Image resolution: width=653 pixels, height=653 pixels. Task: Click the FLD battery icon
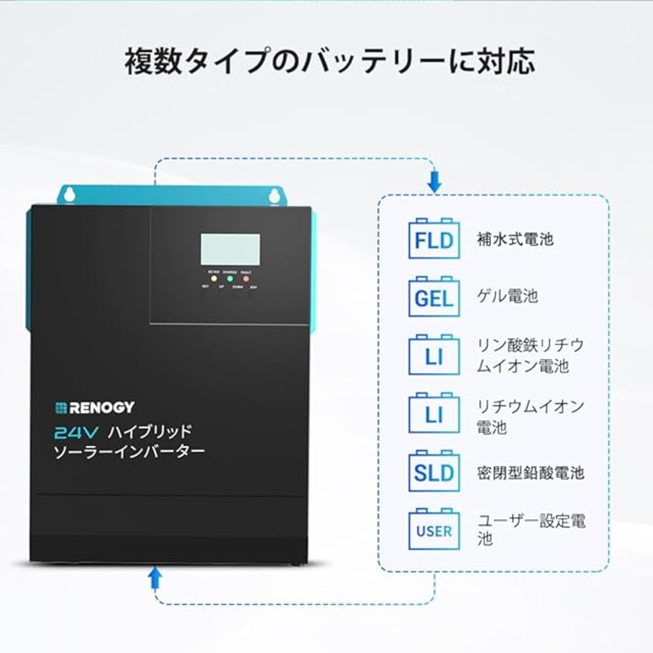(434, 239)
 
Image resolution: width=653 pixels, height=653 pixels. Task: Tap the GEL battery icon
(434, 297)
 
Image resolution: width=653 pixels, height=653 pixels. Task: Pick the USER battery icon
(434, 530)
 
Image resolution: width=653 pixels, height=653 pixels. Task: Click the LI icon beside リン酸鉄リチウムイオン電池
(434, 356)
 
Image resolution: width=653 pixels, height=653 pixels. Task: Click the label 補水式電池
(515, 239)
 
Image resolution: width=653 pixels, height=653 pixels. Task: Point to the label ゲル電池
(507, 296)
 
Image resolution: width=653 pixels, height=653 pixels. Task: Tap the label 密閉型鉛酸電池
(530, 472)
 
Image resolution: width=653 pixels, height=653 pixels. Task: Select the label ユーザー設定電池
(531, 529)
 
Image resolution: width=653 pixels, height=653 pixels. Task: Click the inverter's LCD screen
(230, 249)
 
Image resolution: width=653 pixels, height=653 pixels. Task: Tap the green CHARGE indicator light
(230, 279)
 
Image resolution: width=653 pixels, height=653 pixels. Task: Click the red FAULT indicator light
(246, 279)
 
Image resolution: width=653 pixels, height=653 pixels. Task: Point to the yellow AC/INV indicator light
(214, 279)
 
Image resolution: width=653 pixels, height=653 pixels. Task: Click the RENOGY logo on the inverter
(95, 407)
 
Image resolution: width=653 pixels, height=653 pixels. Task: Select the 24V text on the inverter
(76, 433)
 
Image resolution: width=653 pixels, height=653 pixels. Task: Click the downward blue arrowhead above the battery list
(434, 182)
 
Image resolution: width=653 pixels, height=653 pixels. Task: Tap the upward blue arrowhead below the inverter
(155, 577)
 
